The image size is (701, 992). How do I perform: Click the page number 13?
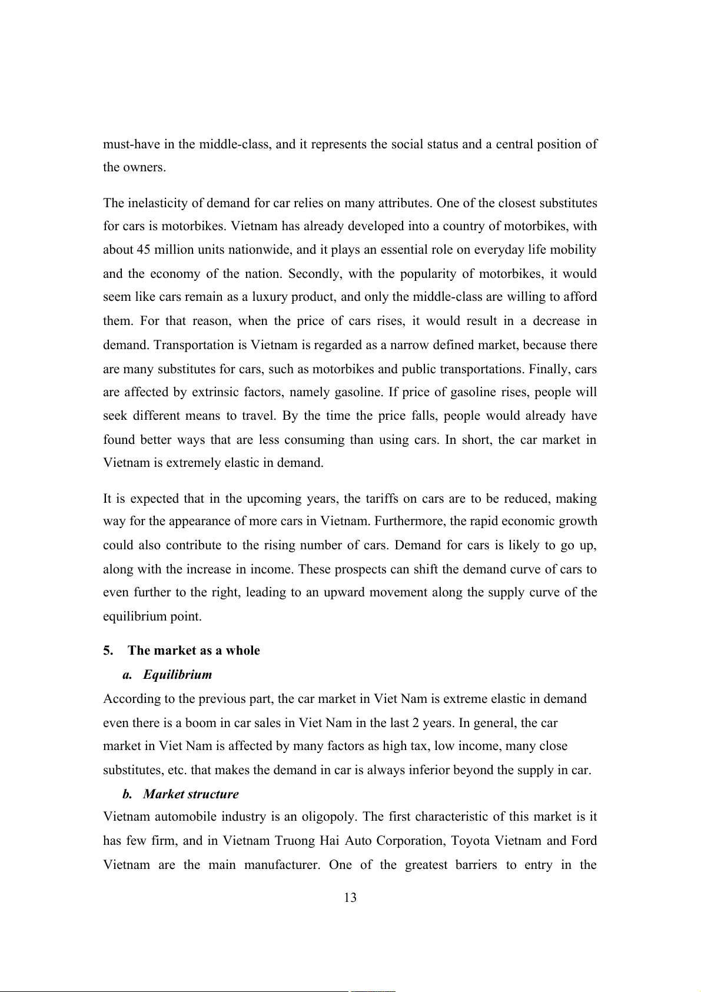[350, 897]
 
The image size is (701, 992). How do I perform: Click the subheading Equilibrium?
[177, 675]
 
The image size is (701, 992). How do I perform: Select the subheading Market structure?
[191, 794]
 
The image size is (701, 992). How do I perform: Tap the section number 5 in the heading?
[107, 651]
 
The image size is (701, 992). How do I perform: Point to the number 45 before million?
[144, 250]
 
